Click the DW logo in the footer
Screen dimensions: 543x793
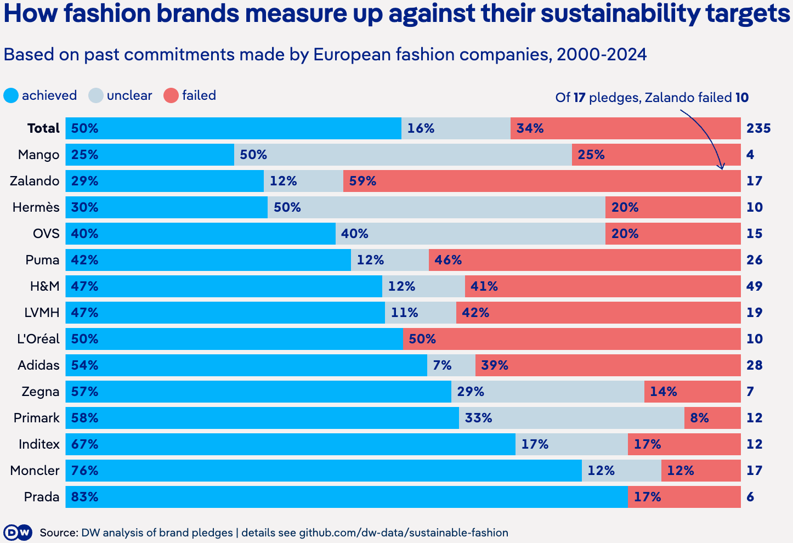[x=18, y=533]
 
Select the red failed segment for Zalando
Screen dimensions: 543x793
[x=542, y=181]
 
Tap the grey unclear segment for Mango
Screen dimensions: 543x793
[x=403, y=155]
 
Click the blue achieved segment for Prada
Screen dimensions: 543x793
[x=347, y=497]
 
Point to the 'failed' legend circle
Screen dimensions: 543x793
[x=171, y=95]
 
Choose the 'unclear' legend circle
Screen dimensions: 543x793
[x=96, y=95]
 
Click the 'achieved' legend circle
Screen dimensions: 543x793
[x=11, y=95]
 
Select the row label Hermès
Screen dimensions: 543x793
[x=36, y=207]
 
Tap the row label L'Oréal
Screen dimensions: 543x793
[x=38, y=339]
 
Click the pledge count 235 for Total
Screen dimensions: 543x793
[x=758, y=128]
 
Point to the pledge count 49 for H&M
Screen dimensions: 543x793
[x=755, y=286]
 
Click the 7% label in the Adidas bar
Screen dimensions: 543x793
[x=442, y=365]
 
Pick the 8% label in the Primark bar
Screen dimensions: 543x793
[x=700, y=418]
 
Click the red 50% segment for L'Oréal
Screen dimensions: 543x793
[x=572, y=339]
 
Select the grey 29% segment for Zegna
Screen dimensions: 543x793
[x=548, y=392]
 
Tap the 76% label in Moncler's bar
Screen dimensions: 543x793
[x=85, y=471]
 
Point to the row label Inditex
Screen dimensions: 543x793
[x=39, y=444]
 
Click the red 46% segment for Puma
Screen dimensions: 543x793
[x=585, y=260]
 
